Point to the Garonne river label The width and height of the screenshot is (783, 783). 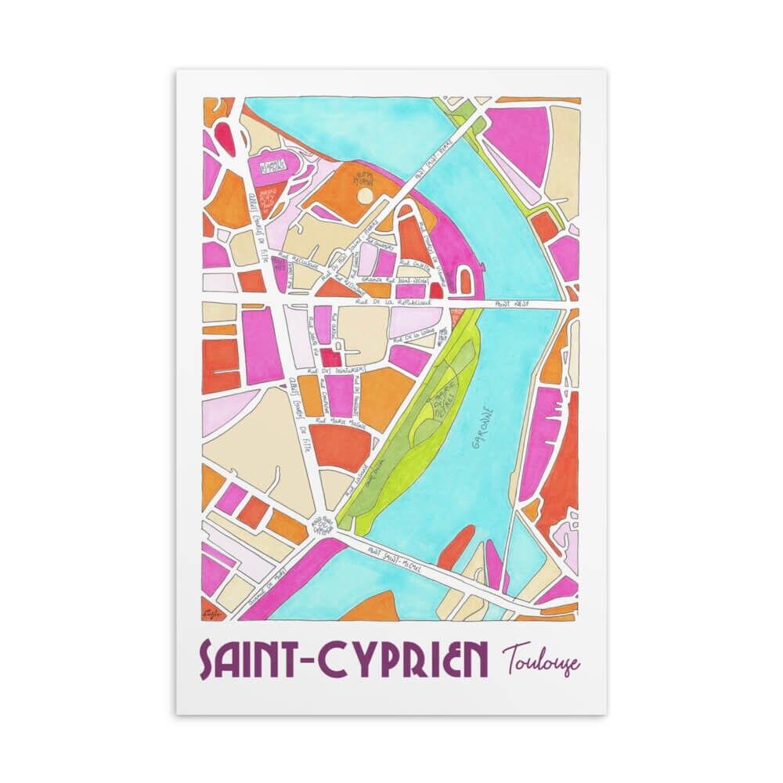point(480,428)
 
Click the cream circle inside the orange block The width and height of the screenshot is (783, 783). point(364,197)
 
